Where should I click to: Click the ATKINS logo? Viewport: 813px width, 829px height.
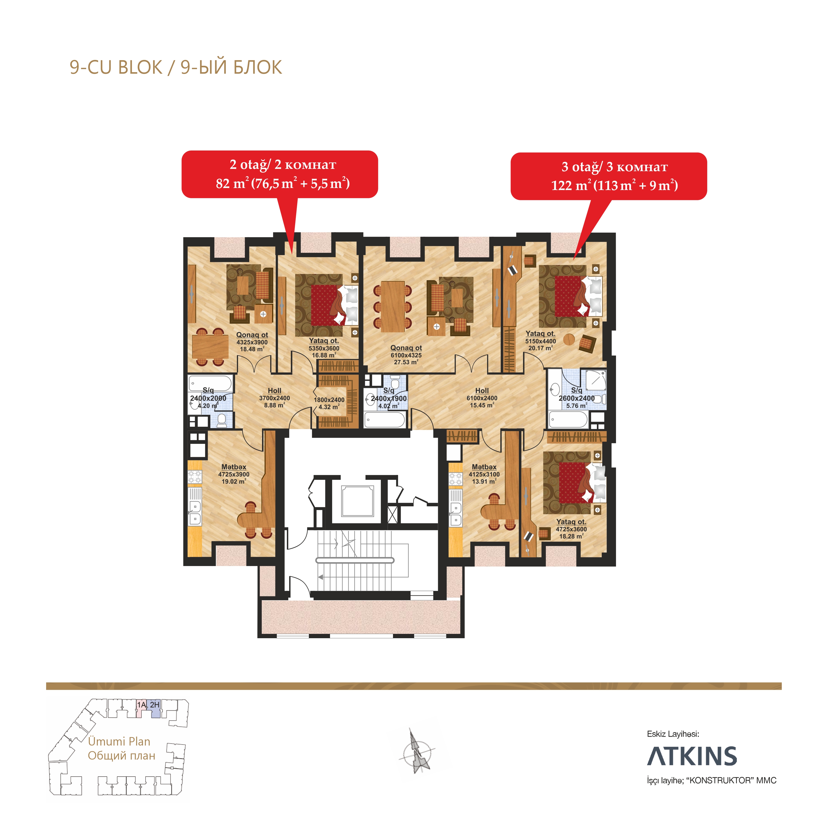[692, 756]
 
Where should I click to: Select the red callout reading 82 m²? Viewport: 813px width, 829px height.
[280, 174]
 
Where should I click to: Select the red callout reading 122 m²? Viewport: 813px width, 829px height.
[608, 176]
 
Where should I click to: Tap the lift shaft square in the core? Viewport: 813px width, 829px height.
[357, 501]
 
